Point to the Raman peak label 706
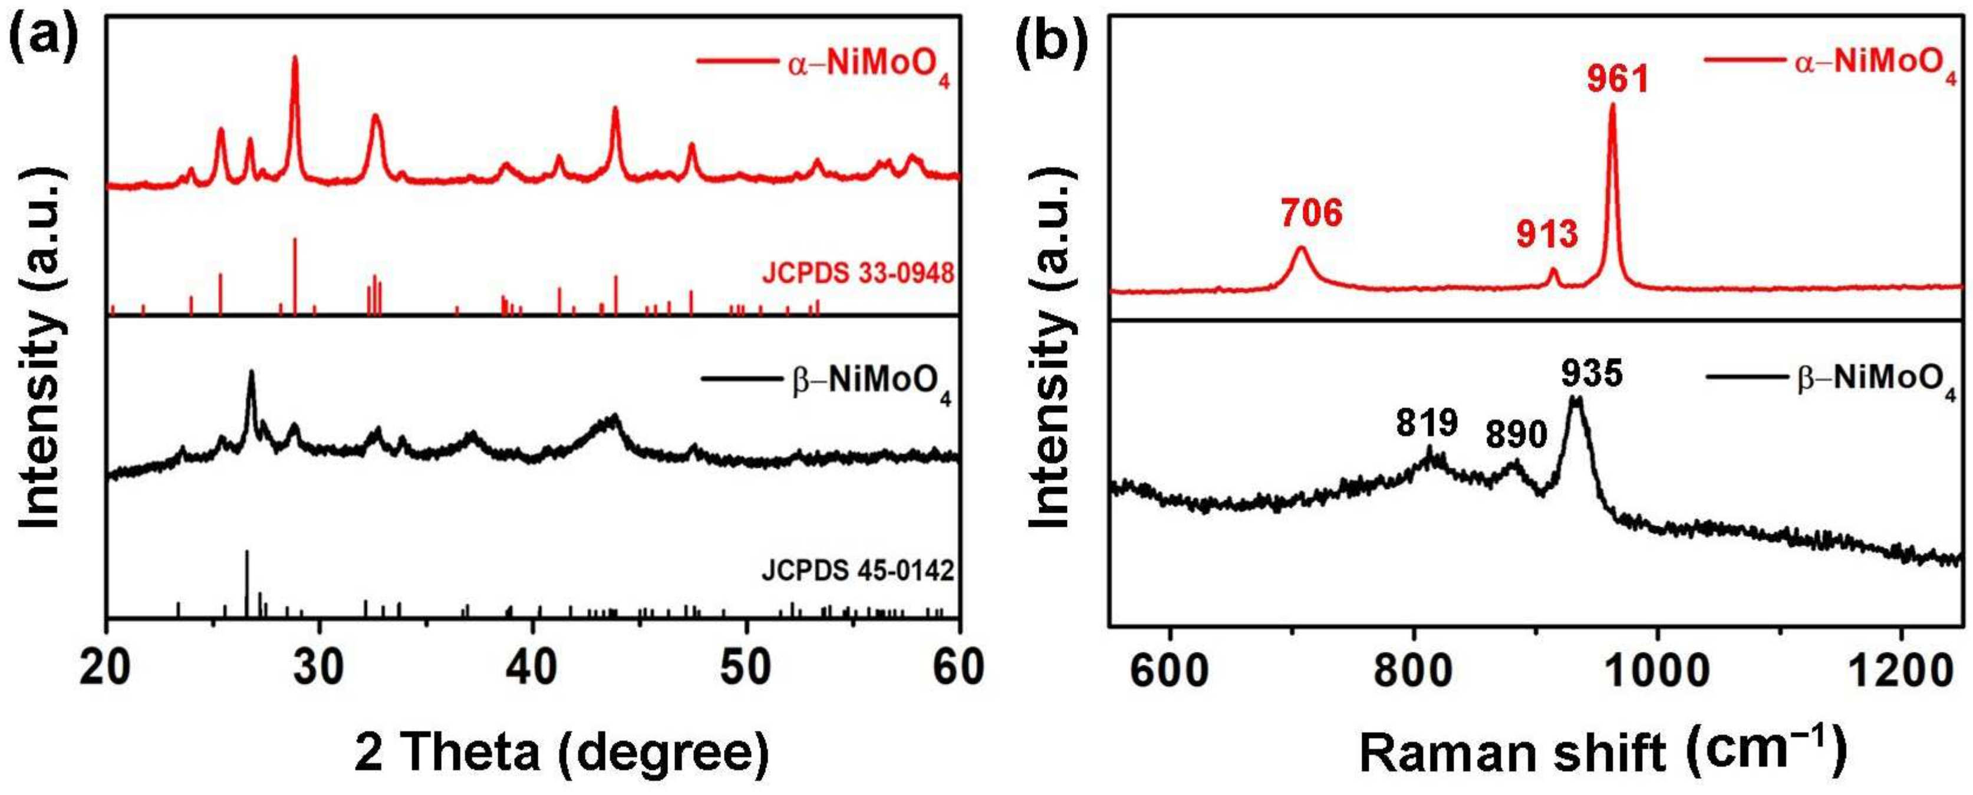[1312, 213]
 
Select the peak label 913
[1547, 233]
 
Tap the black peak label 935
[1592, 374]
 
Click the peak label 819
[1426, 423]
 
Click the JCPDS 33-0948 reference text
[858, 272]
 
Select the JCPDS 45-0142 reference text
[858, 570]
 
